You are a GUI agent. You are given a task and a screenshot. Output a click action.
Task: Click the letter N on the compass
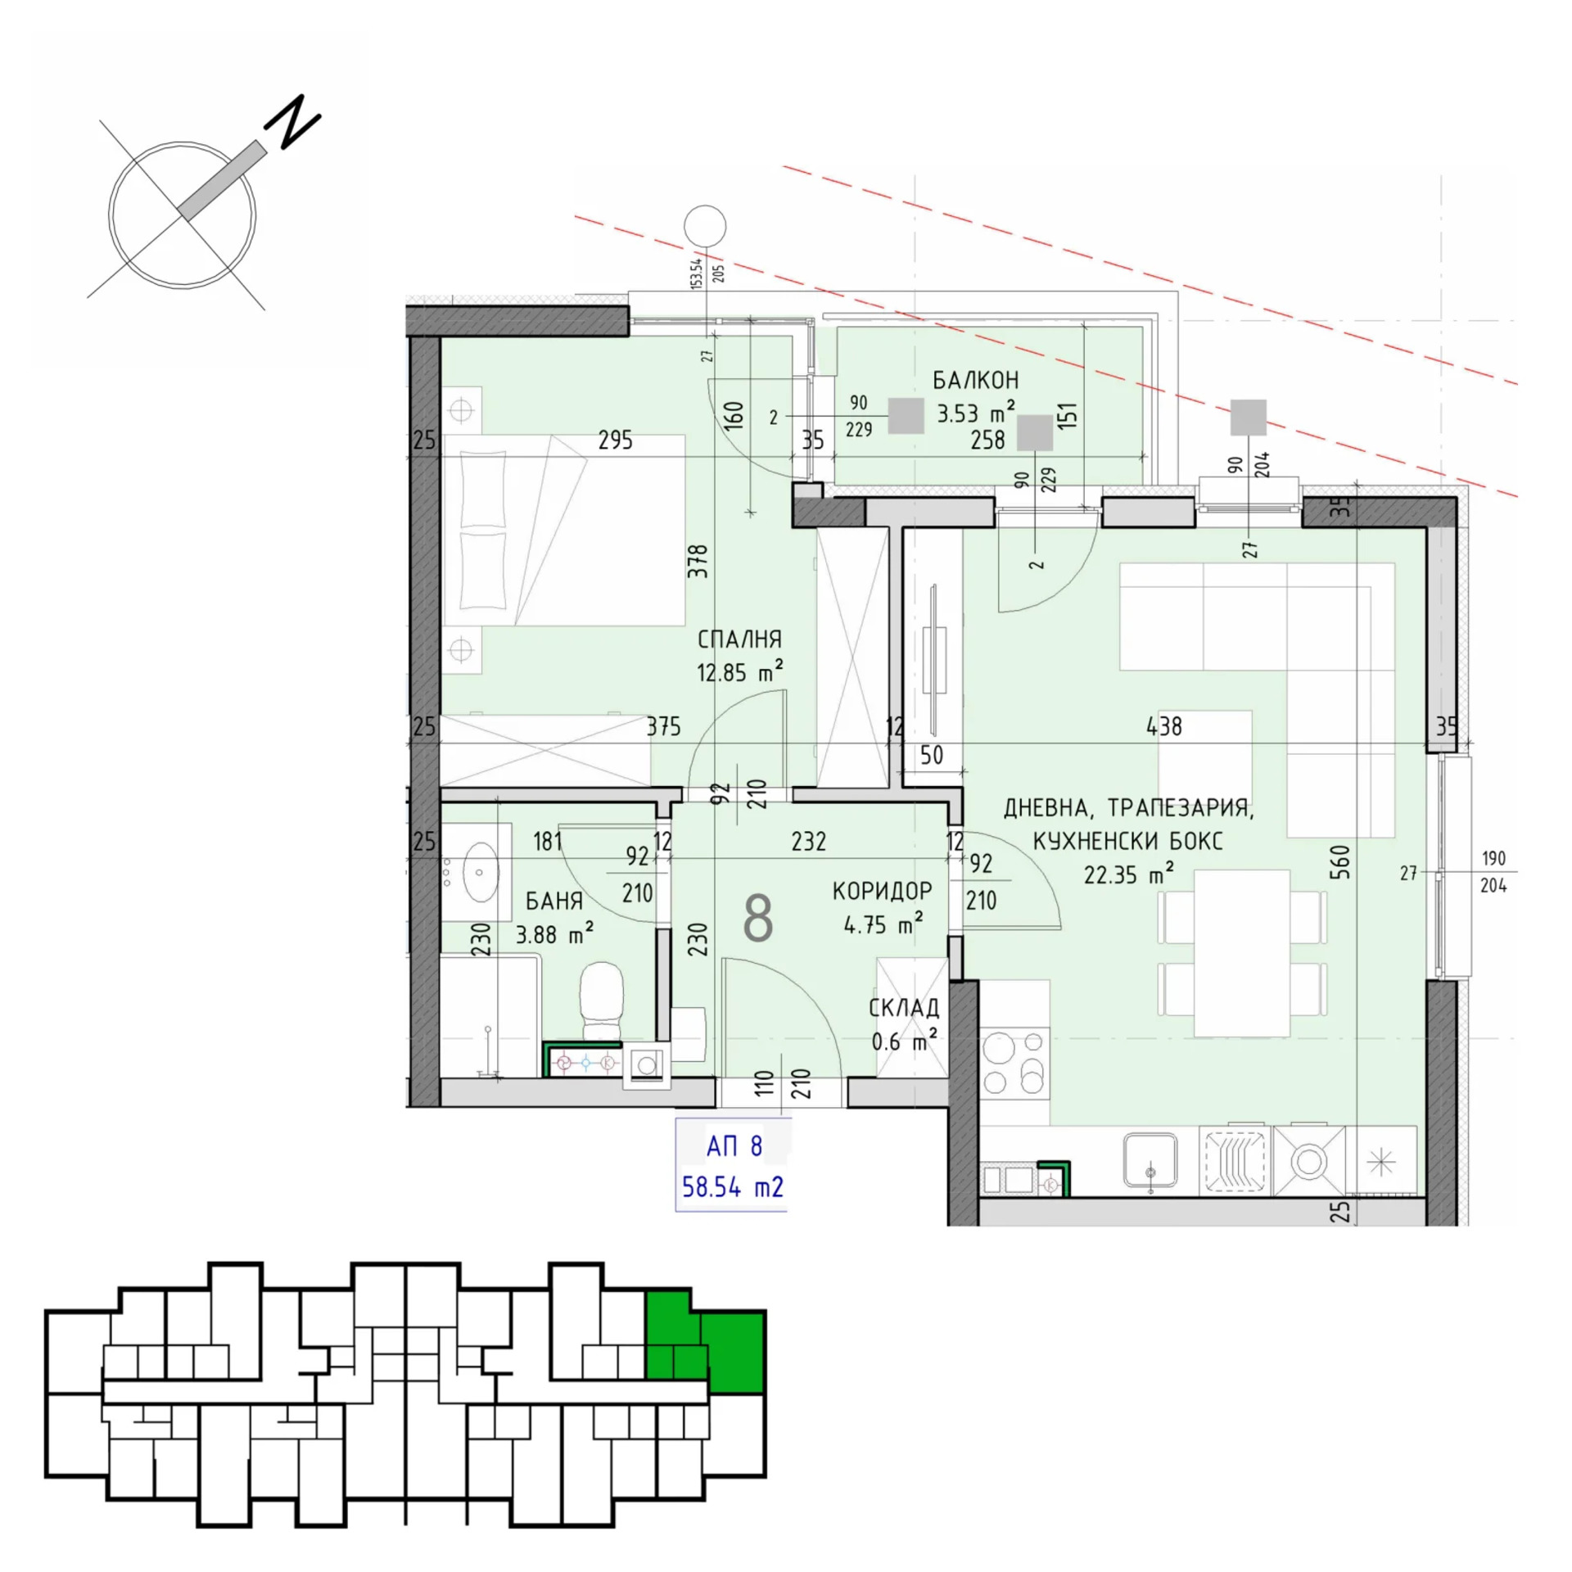pos(291,122)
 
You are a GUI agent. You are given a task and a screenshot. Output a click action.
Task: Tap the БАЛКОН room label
pos(975,381)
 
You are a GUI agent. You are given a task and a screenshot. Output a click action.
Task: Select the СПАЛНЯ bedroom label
pos(739,639)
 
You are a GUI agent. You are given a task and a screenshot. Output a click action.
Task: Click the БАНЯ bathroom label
pos(554,901)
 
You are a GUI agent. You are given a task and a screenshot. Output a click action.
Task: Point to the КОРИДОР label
pos(883,891)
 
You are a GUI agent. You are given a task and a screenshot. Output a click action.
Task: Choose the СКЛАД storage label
pos(904,1008)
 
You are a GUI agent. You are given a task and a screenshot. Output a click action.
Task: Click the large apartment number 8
pos(758,919)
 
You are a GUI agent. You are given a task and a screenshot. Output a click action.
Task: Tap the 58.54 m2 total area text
pos(733,1186)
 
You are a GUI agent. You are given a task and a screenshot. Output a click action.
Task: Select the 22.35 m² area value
pos(1129,874)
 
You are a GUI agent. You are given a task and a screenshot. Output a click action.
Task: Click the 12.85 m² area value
pos(739,672)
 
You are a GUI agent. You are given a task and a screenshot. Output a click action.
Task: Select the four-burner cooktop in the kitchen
pos(1015,1063)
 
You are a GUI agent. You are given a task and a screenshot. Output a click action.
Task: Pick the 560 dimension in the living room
pos(1340,863)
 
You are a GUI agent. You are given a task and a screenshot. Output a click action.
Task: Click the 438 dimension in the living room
pos(1164,726)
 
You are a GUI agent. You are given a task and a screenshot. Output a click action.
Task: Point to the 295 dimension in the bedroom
pos(615,440)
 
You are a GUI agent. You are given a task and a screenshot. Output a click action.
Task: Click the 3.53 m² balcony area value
pos(976,413)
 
